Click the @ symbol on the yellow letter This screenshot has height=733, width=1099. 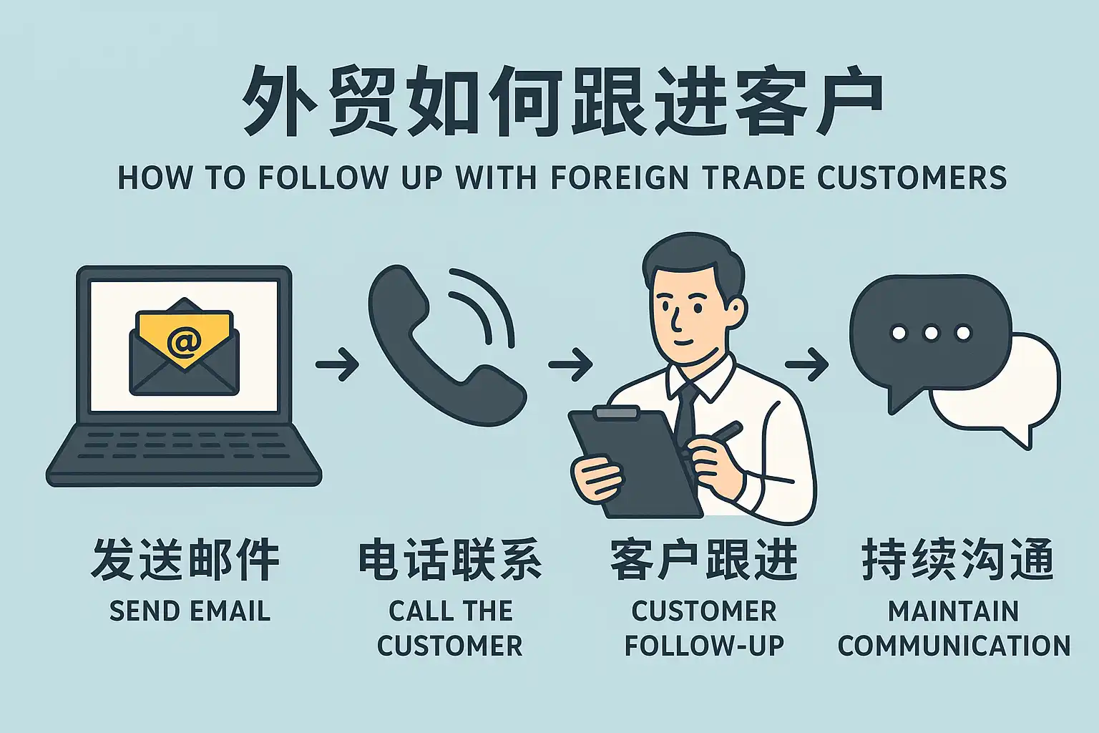pyautogui.click(x=184, y=343)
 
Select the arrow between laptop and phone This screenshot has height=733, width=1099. pyautogui.click(x=337, y=364)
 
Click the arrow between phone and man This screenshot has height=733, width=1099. pyautogui.click(x=570, y=364)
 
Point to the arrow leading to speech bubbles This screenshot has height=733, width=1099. pyautogui.click(x=806, y=364)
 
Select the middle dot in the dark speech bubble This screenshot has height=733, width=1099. pyautogui.click(x=931, y=333)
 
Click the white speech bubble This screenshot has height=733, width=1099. pyautogui.click(x=1016, y=401)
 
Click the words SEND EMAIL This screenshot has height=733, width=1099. pyautogui.click(x=190, y=611)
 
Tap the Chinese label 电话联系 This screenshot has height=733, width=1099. pyautogui.click(x=450, y=560)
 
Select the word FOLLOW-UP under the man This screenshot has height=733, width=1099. pyautogui.click(x=704, y=646)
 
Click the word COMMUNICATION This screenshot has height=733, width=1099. pyautogui.click(x=954, y=646)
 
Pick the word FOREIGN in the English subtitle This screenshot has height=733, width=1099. pyautogui.click(x=622, y=178)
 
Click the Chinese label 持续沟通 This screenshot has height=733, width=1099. pyautogui.click(x=957, y=560)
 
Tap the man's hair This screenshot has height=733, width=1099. pyautogui.click(x=690, y=261)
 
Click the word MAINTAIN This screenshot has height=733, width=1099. pyautogui.click(x=953, y=611)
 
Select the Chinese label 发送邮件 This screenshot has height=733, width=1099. pyautogui.click(x=185, y=560)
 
